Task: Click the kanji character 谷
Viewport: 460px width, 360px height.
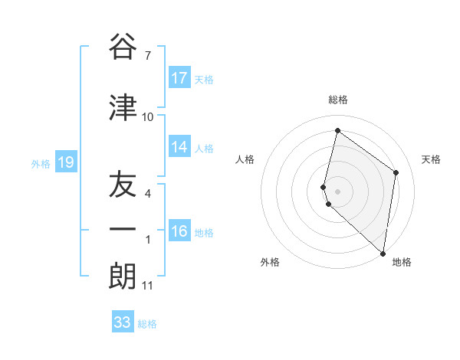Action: [x=123, y=47]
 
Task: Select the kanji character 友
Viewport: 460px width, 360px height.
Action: [x=123, y=185]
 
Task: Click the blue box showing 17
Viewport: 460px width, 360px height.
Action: [x=179, y=78]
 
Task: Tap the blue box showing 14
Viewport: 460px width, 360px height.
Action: [x=179, y=147]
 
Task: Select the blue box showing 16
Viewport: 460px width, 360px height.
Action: [x=179, y=231]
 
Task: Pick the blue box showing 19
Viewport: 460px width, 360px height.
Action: [x=65, y=162]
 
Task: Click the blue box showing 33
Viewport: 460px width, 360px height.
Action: [x=123, y=322]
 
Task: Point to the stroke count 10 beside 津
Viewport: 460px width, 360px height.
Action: [x=148, y=117]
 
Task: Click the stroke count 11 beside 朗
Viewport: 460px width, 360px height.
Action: [x=148, y=286]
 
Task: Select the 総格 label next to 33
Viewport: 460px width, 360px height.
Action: [x=147, y=324]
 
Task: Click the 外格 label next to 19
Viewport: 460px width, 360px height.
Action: [x=41, y=163]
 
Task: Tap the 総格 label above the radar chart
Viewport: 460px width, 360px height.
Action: [x=338, y=100]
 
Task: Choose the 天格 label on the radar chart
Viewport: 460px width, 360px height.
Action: [x=432, y=159]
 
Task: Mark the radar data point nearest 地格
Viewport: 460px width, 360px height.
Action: [x=383, y=253]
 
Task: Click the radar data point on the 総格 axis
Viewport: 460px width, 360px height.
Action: [x=337, y=130]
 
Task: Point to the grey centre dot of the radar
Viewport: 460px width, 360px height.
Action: [x=337, y=191]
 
